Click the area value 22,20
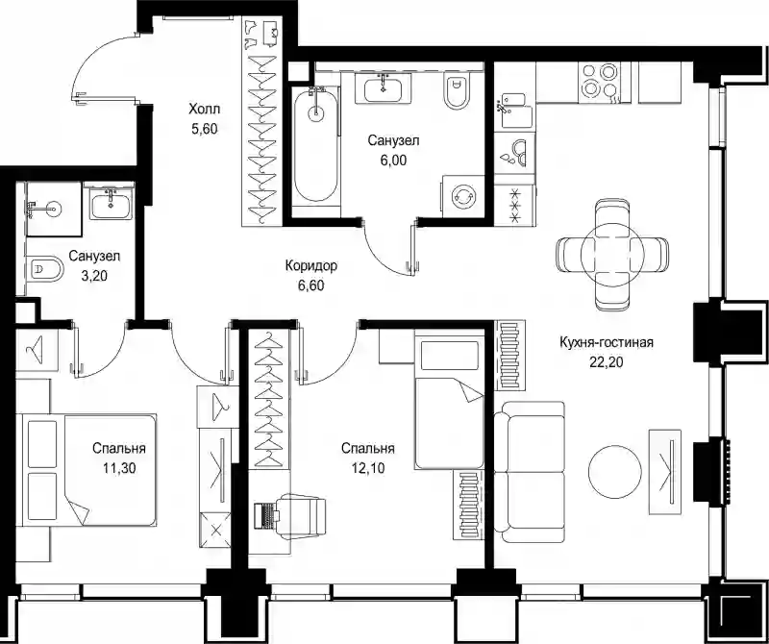pos(607,362)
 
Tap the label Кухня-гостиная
pos(607,342)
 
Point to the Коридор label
pos(310,266)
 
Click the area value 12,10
pos(368,468)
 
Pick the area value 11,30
pos(119,468)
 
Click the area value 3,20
pos(94,276)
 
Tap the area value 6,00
pos(393,161)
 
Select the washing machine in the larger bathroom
pos(463,196)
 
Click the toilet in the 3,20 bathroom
pos(45,269)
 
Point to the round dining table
pos(612,254)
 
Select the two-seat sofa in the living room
pos(530,472)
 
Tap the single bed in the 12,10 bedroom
pos(449,399)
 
